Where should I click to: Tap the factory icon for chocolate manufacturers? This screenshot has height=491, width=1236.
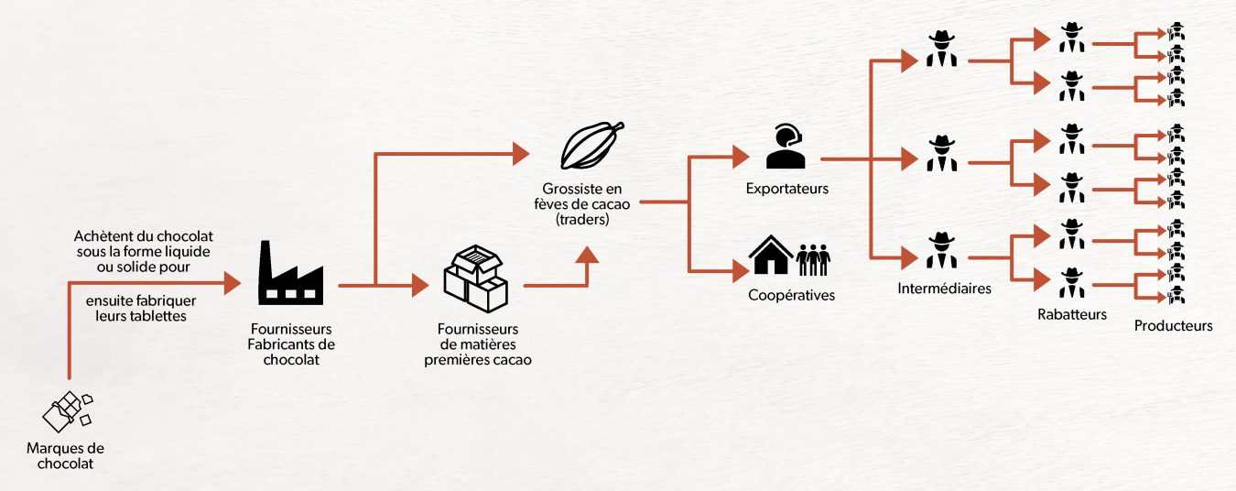[290, 273]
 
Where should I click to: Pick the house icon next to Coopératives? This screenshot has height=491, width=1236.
[769, 257]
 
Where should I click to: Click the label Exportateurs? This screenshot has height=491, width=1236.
[787, 190]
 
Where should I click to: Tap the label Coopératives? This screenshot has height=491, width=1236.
[791, 296]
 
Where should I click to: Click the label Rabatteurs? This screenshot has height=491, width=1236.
[1071, 314]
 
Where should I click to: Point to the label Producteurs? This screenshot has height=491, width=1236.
[1173, 326]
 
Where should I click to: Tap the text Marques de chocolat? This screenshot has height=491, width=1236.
[66, 456]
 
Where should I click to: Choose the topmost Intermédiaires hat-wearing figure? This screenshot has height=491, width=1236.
[940, 49]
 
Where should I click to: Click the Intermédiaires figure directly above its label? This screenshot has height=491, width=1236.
[940, 251]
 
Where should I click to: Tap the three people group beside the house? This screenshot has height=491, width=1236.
[812, 259]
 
